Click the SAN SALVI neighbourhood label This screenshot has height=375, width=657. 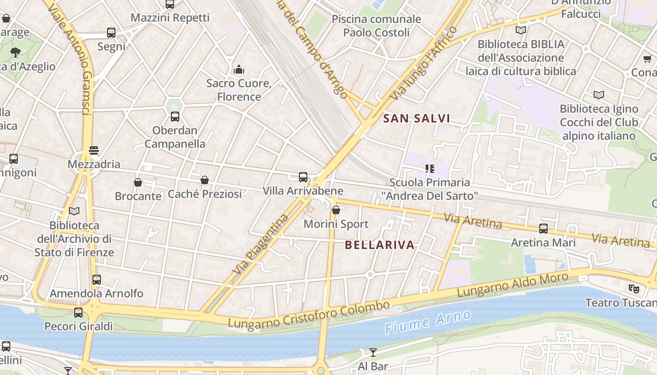[417, 119]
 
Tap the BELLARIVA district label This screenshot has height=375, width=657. [380, 245]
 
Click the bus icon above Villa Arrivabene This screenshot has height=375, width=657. [303, 177]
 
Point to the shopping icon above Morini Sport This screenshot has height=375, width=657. [336, 210]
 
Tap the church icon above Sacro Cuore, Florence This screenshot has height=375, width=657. [239, 70]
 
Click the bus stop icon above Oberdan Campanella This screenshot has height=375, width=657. [175, 116]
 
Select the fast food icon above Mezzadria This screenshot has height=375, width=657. [94, 150]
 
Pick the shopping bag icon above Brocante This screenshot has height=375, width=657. [138, 182]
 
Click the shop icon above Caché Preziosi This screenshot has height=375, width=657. [205, 180]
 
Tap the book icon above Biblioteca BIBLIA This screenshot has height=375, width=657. [520, 30]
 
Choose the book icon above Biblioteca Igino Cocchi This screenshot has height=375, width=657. [599, 95]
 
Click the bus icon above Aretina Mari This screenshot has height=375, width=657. [543, 229]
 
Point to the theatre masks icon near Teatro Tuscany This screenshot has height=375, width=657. [634, 288]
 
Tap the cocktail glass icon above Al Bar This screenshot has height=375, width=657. [373, 352]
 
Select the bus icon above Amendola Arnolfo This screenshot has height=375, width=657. [97, 279]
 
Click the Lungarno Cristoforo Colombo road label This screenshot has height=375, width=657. [309, 315]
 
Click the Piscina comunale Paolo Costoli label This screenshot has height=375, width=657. [376, 26]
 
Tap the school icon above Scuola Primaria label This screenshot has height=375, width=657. [429, 168]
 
